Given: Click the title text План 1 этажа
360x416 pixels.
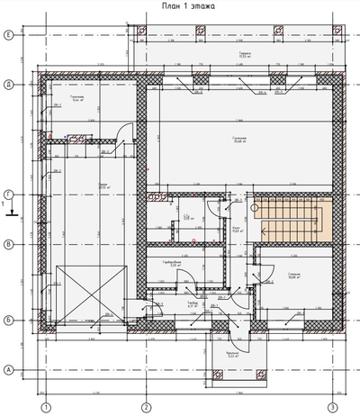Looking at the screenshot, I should (182, 7).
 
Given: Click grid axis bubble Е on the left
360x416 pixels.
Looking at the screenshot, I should (7, 35).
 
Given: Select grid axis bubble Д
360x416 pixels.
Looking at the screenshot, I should (7, 85).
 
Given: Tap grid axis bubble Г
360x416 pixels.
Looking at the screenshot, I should (7, 194).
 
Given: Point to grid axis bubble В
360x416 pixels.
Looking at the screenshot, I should (7, 243).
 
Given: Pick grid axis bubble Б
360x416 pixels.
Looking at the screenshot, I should (7, 320).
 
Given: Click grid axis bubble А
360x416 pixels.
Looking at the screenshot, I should (7, 369).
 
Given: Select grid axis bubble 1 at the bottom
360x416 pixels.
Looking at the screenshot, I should (44, 406).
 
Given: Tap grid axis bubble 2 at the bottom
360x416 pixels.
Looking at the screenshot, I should (144, 406).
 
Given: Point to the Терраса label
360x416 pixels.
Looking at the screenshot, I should (244, 54).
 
